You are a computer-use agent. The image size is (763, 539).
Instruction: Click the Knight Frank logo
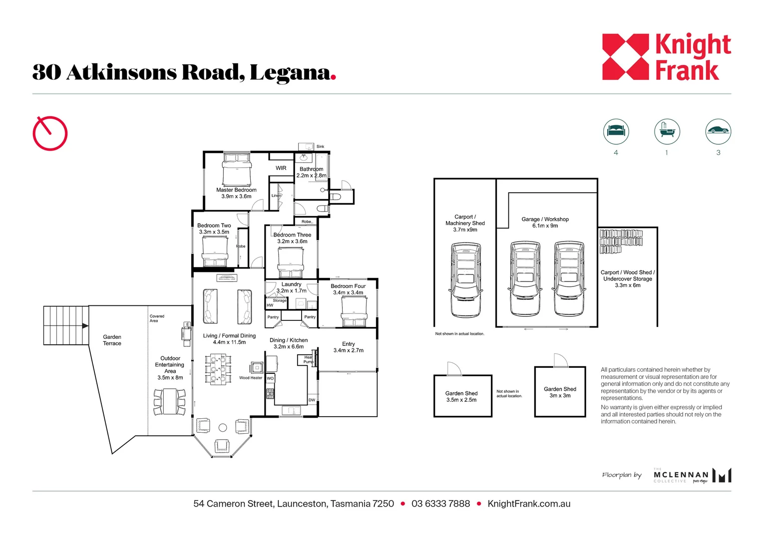pos(666,57)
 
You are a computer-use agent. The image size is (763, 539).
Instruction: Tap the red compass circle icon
pos(50,133)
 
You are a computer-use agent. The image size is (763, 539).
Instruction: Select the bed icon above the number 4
pos(616,131)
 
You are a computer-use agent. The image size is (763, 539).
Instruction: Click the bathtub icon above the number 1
pos(667,131)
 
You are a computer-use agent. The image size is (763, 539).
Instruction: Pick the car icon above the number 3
pos(718,131)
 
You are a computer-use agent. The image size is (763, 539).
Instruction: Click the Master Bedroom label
pos(236,193)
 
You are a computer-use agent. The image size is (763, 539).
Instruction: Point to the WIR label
pos(281,168)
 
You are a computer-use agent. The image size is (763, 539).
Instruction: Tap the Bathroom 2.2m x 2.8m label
pos(311,172)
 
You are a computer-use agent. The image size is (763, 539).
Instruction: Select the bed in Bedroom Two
pos(215,252)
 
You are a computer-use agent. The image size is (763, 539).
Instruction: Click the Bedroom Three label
pos(292,238)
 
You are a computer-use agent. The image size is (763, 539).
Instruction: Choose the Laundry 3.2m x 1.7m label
pos(291,287)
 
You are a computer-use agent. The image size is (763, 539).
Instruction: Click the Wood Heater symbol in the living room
pos(257,368)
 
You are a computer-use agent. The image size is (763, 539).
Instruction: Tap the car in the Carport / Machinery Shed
pos(465,279)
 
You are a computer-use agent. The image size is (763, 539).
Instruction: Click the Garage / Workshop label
pos(545,223)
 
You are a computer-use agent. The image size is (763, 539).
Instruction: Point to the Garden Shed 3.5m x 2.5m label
pos(461,397)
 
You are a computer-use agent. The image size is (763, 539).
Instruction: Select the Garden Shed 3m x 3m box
pos(560,392)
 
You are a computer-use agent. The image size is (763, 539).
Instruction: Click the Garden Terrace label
pos(112,340)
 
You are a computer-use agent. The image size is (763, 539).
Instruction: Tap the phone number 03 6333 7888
pos(440,504)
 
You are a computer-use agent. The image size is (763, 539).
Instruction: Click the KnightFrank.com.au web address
pos(529,504)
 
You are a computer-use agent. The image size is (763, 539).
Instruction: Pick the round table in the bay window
pos(223,428)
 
